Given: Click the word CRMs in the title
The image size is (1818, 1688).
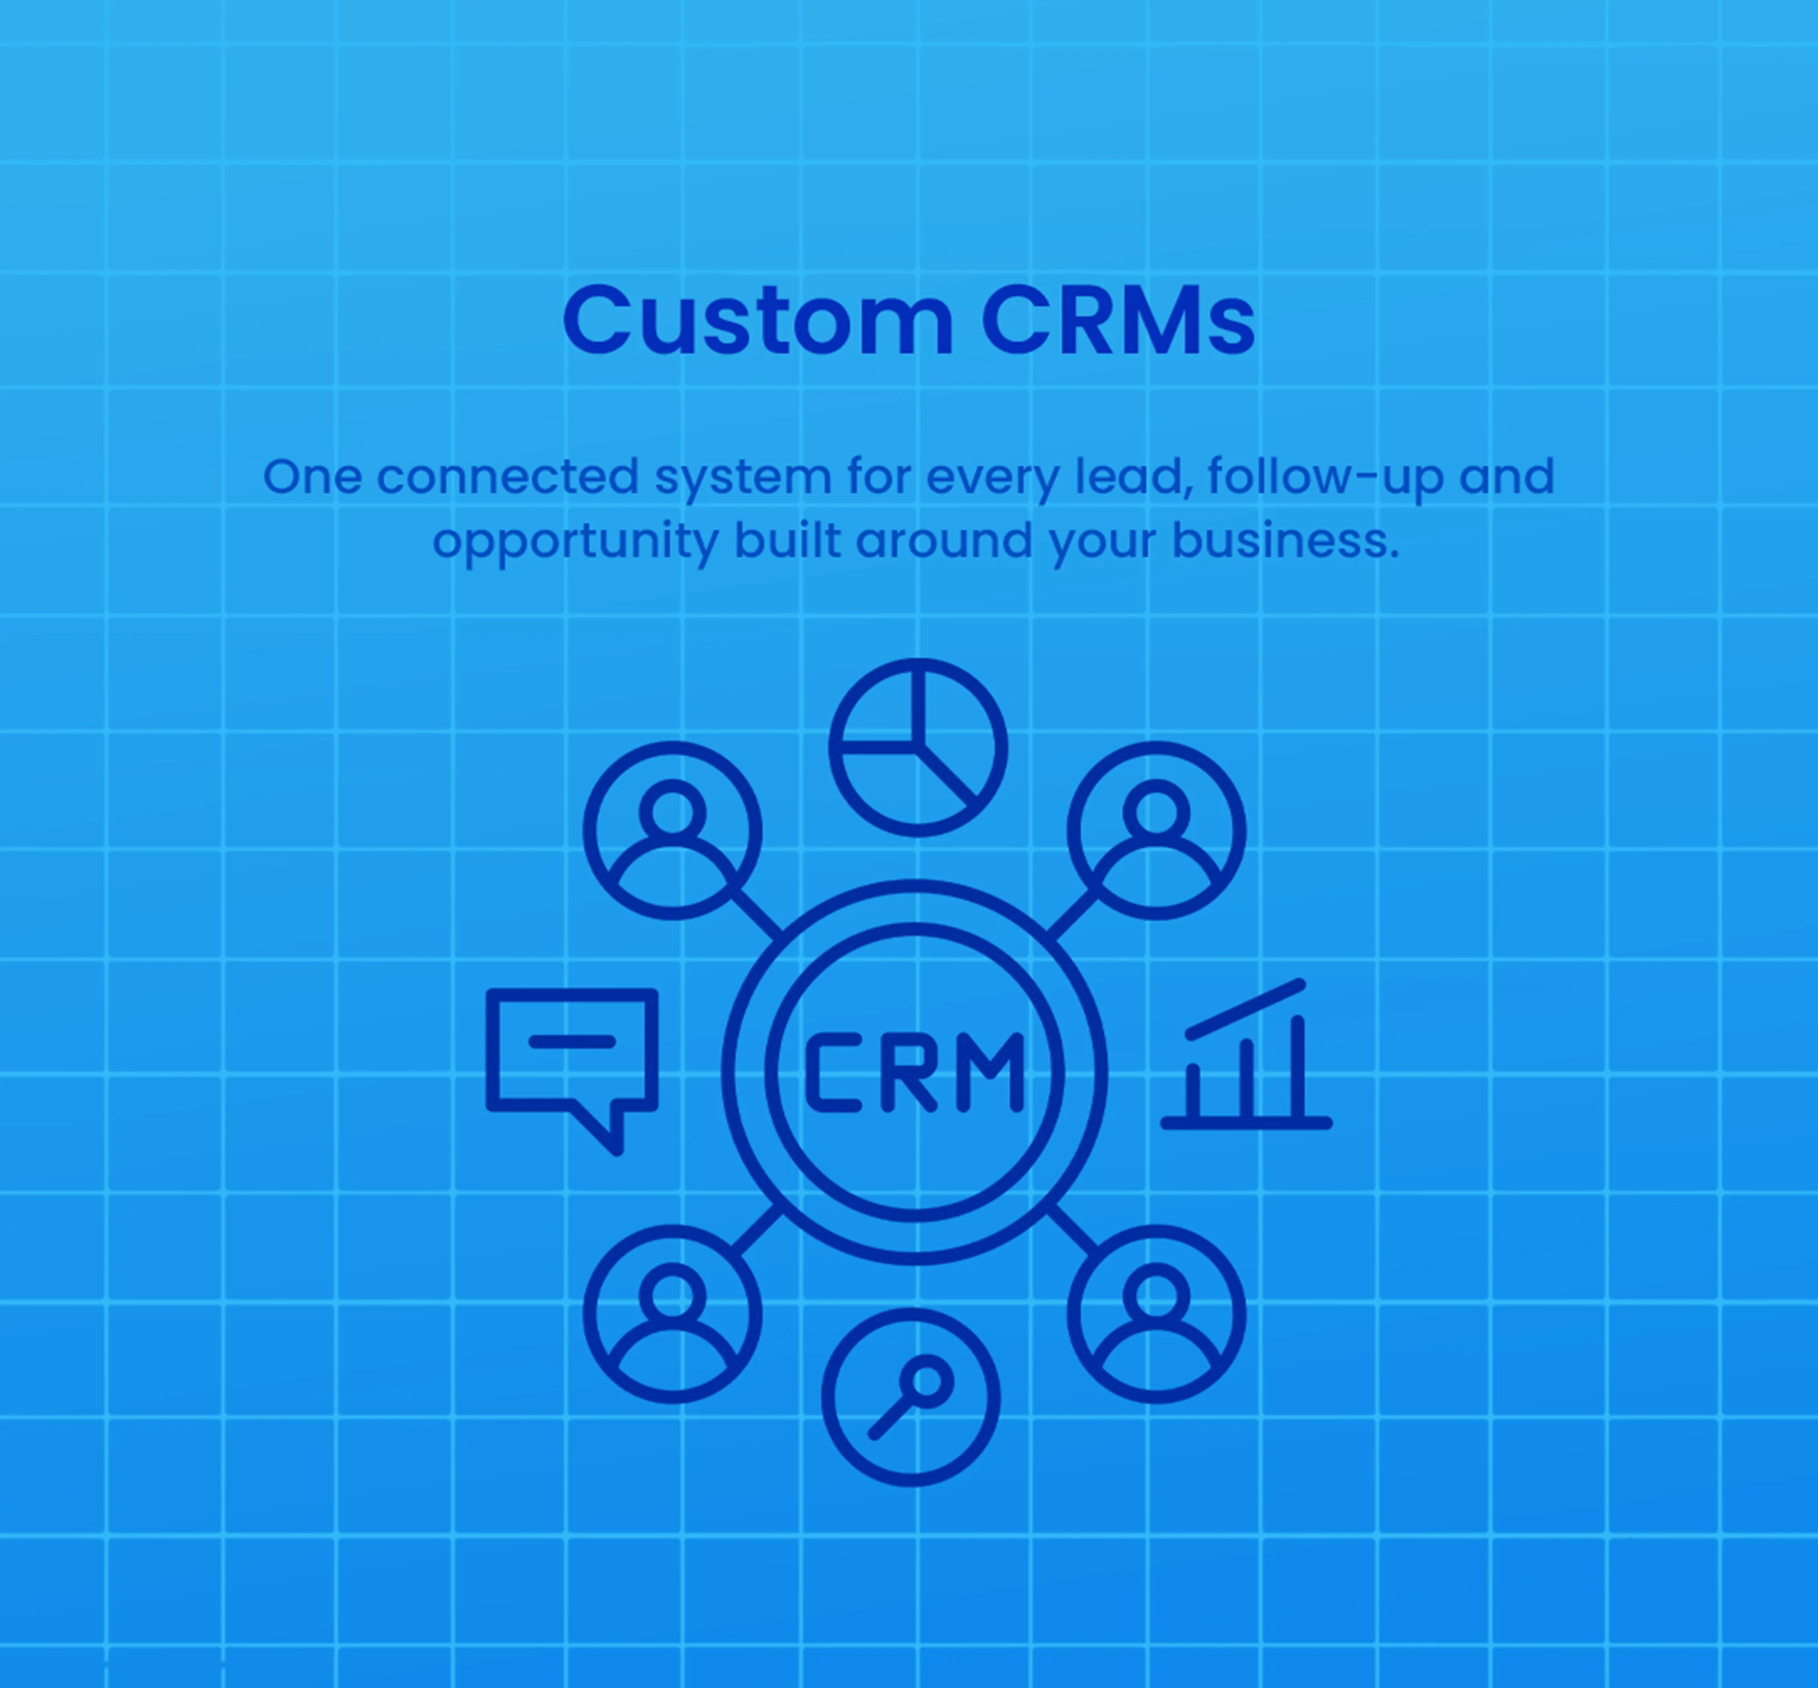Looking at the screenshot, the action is click(x=1118, y=320).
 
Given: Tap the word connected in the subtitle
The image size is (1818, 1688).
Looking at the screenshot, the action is click(x=508, y=477).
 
